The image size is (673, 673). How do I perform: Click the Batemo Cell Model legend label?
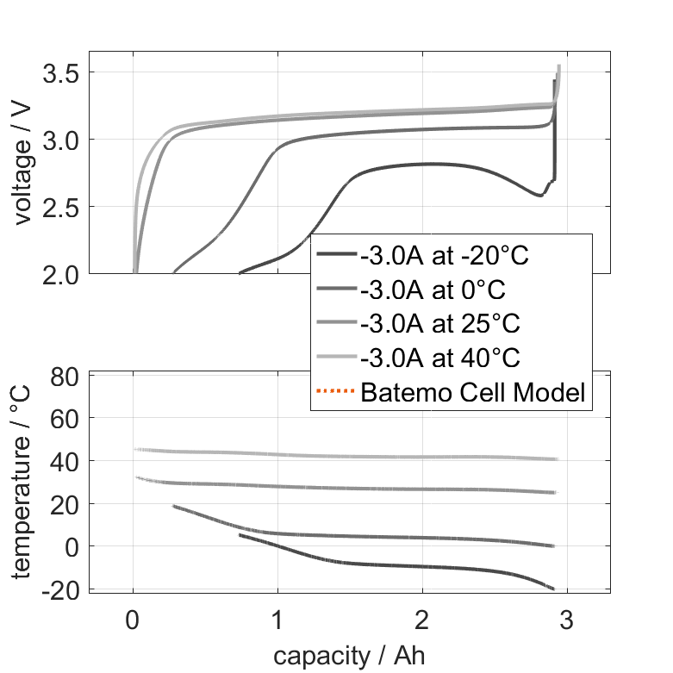473,393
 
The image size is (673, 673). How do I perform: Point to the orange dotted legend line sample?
335,393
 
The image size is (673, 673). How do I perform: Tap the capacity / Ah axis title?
350,656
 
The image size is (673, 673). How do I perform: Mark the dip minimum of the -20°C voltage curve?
540,196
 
